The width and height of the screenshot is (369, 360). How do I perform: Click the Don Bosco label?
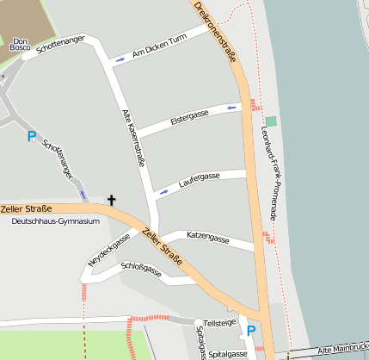click(x=22, y=44)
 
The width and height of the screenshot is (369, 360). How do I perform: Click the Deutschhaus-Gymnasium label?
click(x=56, y=221)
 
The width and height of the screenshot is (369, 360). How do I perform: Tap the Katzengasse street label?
click(x=207, y=237)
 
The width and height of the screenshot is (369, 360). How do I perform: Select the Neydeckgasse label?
click(x=108, y=249)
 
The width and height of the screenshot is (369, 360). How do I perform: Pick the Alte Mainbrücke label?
click(x=342, y=350)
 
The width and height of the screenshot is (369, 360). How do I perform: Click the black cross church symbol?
click(x=111, y=200)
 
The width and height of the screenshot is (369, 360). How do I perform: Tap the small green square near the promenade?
click(x=272, y=121)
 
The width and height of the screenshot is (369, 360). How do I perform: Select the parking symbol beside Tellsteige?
click(x=251, y=330)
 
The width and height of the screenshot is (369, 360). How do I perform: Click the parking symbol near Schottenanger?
click(x=32, y=136)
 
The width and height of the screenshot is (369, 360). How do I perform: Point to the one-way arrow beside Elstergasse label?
click(x=231, y=108)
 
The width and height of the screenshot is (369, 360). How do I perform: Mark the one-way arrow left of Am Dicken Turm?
click(x=120, y=60)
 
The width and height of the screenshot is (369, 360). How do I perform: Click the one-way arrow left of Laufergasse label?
click(x=163, y=189)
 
